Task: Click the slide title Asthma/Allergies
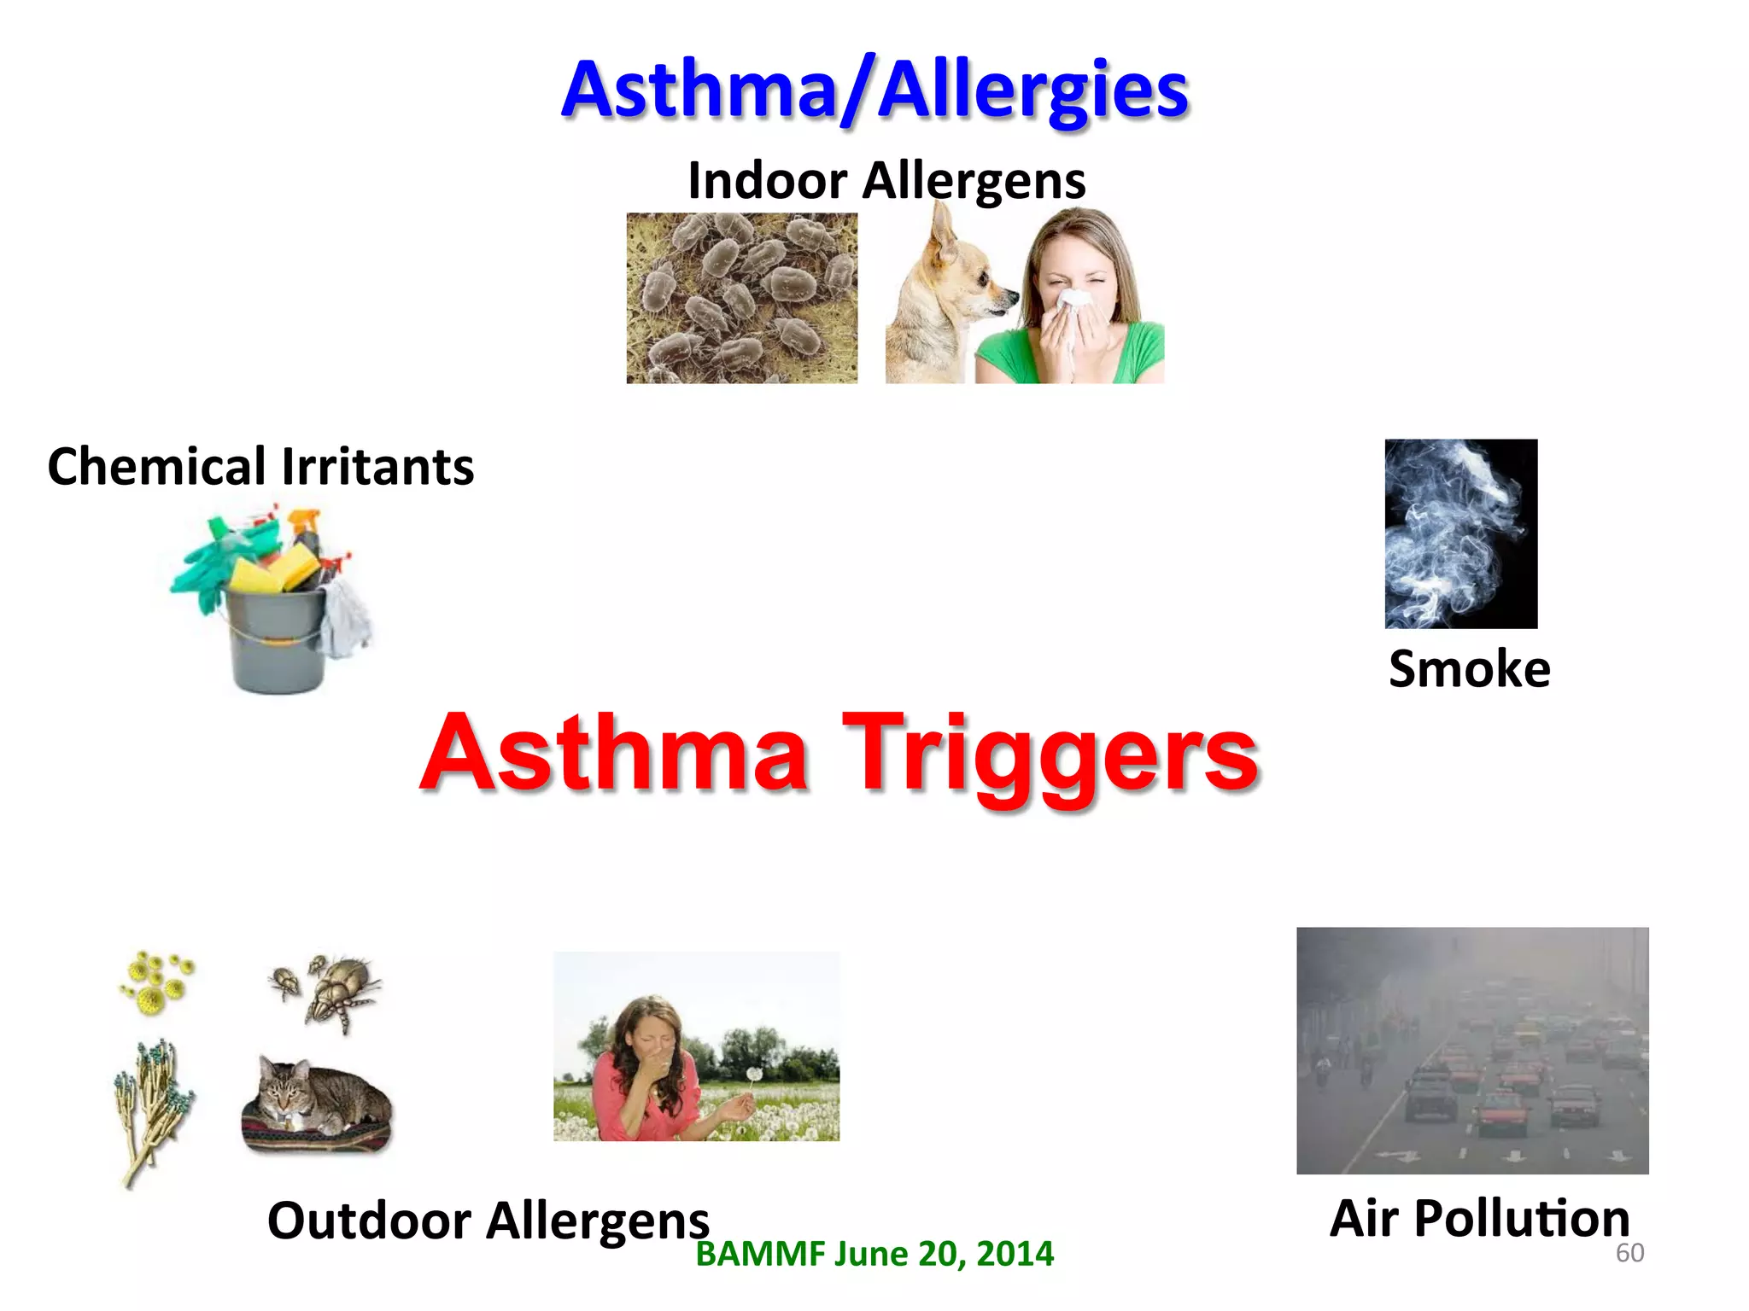pyautogui.click(x=874, y=90)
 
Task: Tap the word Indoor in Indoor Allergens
pyautogui.click(x=767, y=181)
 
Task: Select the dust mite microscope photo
pyautogui.click(x=741, y=298)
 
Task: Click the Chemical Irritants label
pyautogui.click(x=260, y=467)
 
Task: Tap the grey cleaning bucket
pyautogui.click(x=276, y=640)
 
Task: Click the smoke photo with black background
pyautogui.click(x=1460, y=533)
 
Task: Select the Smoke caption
pyautogui.click(x=1469, y=668)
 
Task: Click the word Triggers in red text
pyautogui.click(x=1050, y=755)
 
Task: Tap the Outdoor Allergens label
pyautogui.click(x=488, y=1221)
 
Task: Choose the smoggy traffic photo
pyautogui.click(x=1472, y=1050)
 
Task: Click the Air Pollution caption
pyautogui.click(x=1479, y=1218)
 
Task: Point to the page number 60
pyautogui.click(x=1629, y=1253)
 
